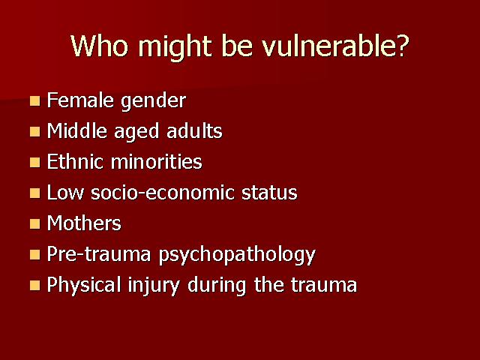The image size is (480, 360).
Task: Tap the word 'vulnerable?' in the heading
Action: coord(335,46)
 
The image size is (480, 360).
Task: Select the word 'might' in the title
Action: coord(175,48)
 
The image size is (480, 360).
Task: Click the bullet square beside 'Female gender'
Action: coord(35,101)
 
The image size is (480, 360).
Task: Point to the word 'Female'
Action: coord(80,100)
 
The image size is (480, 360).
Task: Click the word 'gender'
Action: coord(153,102)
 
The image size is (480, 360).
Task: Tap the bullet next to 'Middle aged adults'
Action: coord(35,132)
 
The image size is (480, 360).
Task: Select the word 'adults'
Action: coord(194,130)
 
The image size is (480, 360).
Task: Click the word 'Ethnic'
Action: coord(75,161)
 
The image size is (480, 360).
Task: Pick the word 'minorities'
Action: coord(157,161)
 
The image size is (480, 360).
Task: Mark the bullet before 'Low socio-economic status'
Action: coord(35,193)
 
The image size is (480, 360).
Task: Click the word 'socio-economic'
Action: coord(163,193)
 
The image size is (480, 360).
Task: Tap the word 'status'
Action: coord(269,193)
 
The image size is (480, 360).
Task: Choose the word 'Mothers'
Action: coord(84,223)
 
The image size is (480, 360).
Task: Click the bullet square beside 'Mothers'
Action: coord(35,223)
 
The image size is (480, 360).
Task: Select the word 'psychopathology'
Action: coord(237,256)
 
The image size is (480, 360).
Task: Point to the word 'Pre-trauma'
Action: coord(99,253)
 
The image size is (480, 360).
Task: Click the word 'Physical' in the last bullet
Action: coord(84,286)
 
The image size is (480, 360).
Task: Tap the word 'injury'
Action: coord(154,286)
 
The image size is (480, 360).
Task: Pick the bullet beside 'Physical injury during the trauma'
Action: coord(35,285)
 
